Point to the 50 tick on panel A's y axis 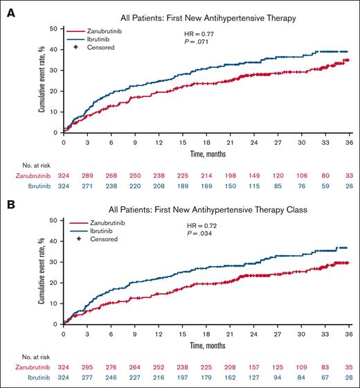coord(54,28)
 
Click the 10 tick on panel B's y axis coord(54,303)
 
